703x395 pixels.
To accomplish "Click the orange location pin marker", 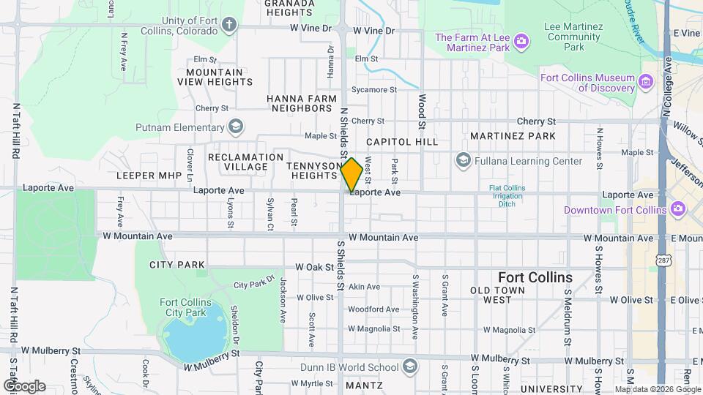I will (351, 174).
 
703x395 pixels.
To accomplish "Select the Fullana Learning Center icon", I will (463, 160).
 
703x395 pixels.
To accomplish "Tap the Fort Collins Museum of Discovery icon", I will (647, 83).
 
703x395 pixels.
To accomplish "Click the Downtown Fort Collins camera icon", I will (677, 210).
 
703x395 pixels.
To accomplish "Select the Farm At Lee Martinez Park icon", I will (521, 42).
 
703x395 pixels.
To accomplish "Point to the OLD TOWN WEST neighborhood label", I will (501, 295).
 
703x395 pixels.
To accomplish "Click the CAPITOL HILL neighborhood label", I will (401, 141).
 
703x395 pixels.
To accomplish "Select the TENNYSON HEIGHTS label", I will (313, 171).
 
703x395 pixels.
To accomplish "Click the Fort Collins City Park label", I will (185, 307).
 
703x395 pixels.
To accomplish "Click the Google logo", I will (24, 385).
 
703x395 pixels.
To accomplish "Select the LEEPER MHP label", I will (147, 176).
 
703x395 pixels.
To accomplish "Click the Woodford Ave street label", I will (373, 309).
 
